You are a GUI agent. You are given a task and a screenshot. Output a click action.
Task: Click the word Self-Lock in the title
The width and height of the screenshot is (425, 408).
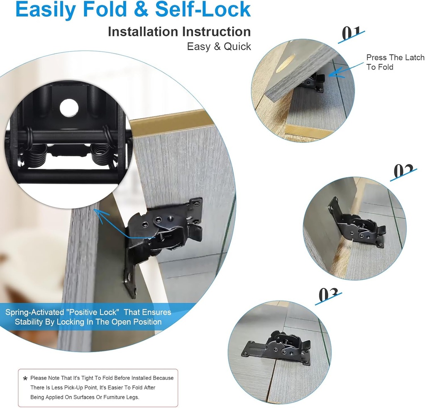203,10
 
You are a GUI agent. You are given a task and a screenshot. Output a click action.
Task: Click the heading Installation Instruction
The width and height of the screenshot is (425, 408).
179,32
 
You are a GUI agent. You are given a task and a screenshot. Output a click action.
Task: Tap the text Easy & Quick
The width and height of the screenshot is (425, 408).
219,46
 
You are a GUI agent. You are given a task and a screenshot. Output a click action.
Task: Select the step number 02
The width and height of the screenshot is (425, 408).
403,171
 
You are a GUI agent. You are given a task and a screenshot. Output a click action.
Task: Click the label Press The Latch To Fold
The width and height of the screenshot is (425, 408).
395,62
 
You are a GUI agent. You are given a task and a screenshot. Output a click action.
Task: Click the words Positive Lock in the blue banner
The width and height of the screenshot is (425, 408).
99,312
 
